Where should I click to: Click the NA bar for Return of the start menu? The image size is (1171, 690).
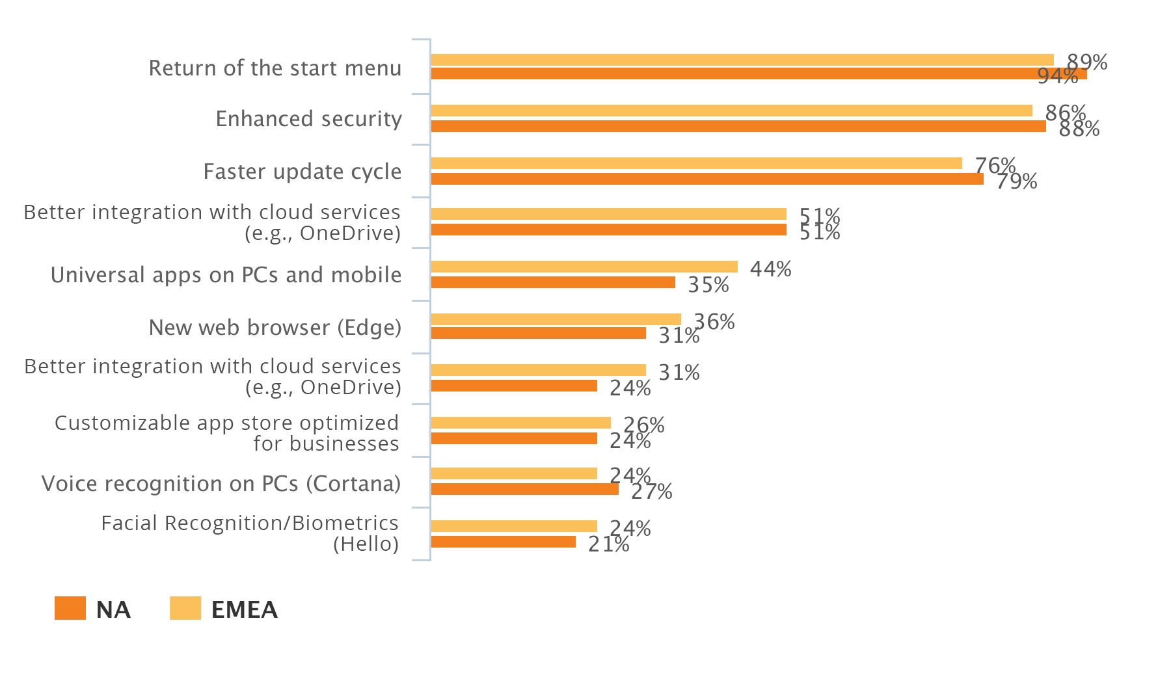point(758,73)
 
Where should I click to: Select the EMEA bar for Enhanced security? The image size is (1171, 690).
point(731,111)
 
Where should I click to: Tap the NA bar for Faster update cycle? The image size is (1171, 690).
point(707,179)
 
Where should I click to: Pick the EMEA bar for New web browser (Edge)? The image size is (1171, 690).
point(556,319)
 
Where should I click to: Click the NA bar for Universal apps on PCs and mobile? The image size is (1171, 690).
point(553,282)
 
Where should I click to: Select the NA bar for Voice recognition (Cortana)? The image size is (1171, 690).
point(524,489)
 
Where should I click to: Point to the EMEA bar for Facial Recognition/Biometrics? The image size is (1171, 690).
point(514,526)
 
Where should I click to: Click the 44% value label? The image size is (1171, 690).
point(770,269)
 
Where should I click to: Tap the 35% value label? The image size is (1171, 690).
point(708,285)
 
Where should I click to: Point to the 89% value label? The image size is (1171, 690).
point(1087,62)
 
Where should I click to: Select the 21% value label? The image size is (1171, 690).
point(608,544)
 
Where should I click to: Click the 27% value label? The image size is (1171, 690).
point(651,492)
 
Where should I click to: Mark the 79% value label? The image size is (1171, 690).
point(1016,181)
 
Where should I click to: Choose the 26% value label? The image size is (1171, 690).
point(643,425)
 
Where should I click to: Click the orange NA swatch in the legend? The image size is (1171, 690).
point(70,608)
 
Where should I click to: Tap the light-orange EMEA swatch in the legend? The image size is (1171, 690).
point(185,608)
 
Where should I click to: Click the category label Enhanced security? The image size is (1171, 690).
point(308,119)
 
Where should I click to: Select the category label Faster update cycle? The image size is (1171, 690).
point(303,172)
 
